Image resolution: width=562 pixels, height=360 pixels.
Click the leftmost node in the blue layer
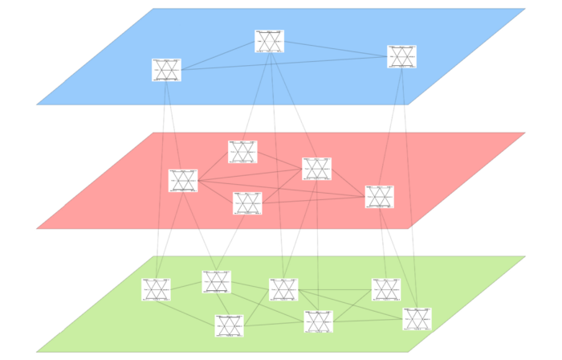tap(166, 70)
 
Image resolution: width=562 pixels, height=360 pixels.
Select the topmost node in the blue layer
tap(269, 41)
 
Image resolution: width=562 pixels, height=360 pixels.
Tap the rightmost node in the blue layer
tap(401, 56)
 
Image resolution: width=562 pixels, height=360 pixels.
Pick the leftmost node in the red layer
tap(183, 181)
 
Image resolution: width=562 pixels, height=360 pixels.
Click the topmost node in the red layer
tap(242, 152)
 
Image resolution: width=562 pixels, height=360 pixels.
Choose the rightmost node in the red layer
tap(379, 197)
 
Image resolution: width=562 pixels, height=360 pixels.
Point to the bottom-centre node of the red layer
tap(247, 203)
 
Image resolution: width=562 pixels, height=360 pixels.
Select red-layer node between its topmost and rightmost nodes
tap(316, 169)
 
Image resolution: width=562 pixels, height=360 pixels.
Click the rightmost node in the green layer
tap(417, 319)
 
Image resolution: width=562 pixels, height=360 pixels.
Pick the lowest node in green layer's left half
tap(229, 326)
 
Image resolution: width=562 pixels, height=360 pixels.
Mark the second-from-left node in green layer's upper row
tap(216, 282)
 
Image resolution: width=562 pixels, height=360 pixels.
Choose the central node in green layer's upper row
tap(283, 289)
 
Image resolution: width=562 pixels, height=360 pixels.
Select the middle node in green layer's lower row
tap(318, 321)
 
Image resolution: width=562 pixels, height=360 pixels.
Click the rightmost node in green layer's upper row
tap(386, 289)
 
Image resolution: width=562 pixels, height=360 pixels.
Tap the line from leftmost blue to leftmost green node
tap(161, 177)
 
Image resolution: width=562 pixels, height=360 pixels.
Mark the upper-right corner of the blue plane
tap(524, 9)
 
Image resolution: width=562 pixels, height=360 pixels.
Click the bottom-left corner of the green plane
tap(37, 351)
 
